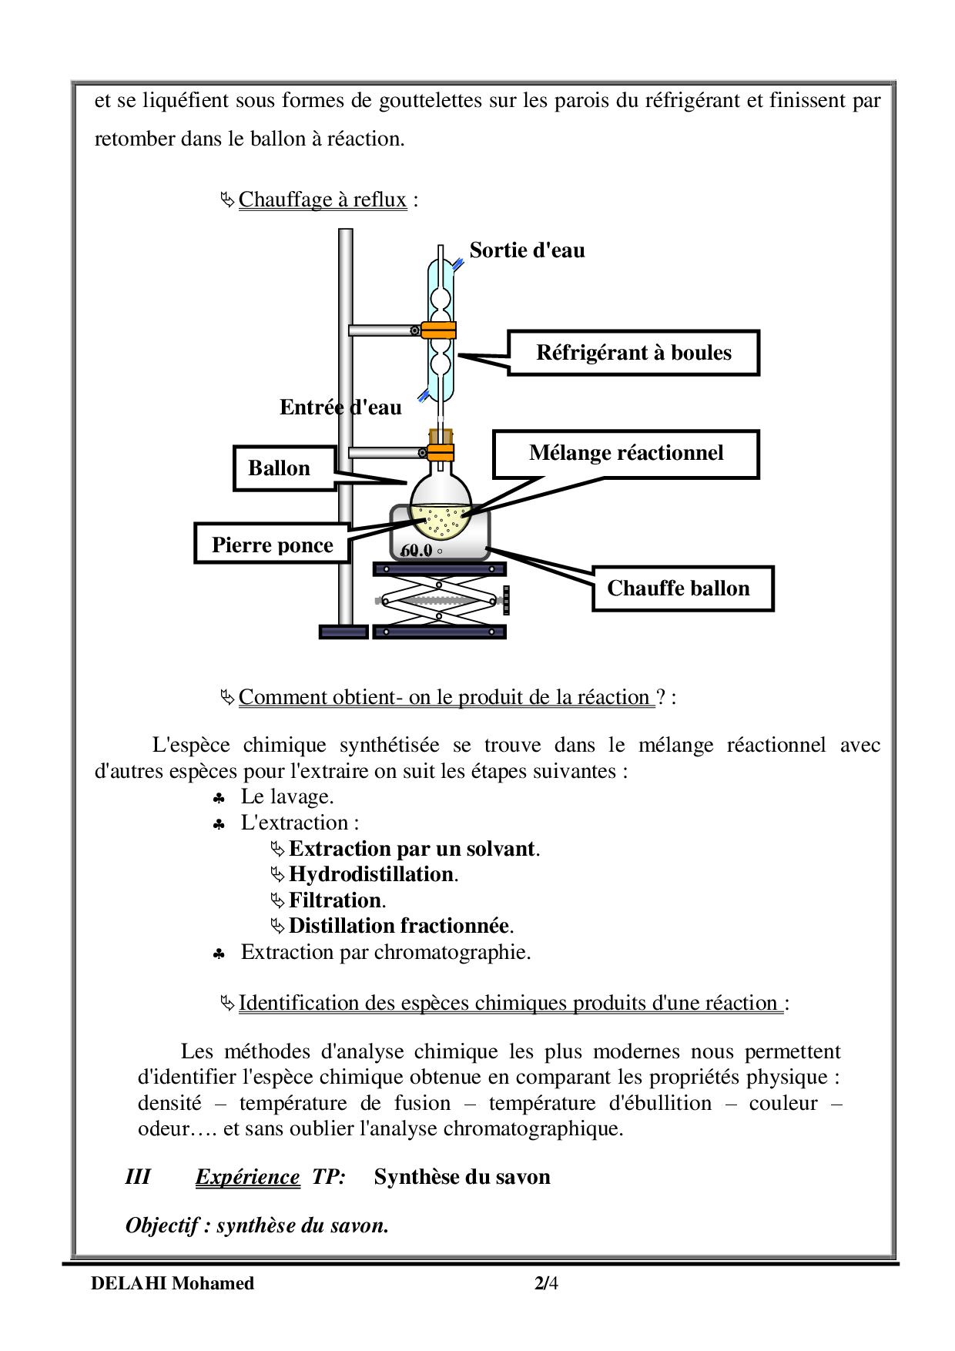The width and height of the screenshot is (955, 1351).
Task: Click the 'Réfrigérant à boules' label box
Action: [x=633, y=353]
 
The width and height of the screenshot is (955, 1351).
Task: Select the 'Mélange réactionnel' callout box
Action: [x=625, y=454]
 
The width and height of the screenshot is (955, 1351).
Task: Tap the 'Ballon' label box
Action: [x=284, y=468]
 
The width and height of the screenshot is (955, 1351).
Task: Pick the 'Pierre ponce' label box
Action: [x=272, y=545]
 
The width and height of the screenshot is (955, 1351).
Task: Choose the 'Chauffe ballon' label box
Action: [x=682, y=588]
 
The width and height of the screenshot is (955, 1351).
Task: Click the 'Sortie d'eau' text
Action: [x=527, y=250]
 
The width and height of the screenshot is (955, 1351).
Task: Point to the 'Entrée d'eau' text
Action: [x=340, y=407]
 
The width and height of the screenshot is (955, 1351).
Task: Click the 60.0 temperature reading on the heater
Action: [x=417, y=550]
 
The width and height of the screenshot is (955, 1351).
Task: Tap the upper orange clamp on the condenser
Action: [x=438, y=330]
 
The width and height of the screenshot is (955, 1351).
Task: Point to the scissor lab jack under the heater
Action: [x=439, y=601]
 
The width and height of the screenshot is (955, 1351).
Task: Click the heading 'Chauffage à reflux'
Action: [x=322, y=199]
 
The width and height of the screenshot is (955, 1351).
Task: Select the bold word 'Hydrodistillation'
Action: [x=371, y=874]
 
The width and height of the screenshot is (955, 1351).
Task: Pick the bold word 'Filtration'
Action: [x=335, y=900]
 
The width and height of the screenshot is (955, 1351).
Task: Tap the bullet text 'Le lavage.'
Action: [x=287, y=796]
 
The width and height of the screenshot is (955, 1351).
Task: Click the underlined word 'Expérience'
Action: [x=247, y=1177]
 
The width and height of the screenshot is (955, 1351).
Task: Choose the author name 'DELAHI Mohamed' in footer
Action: [x=173, y=1283]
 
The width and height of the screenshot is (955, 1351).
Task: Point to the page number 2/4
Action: [x=546, y=1283]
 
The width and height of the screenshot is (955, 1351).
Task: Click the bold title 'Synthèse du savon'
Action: [x=462, y=1177]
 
